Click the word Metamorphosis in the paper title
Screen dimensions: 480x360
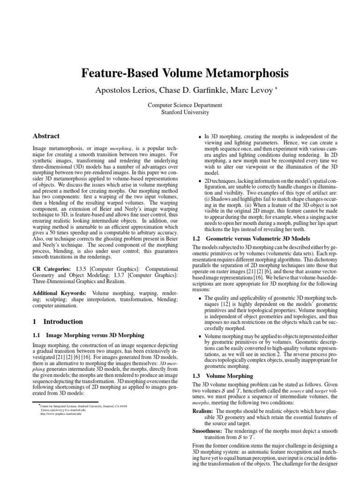pyautogui.click(x=240, y=74)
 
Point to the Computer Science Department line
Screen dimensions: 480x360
pyautogui.click(x=180, y=105)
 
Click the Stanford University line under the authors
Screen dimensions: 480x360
pyautogui.click(x=180, y=112)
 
